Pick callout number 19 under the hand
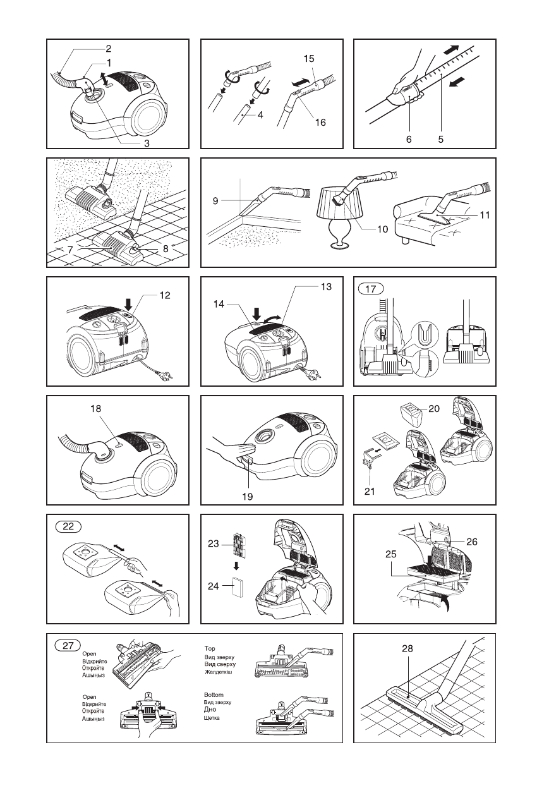248,497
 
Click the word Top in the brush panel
210,648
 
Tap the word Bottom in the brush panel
214,695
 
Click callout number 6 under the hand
409,140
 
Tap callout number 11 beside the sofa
485,215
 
